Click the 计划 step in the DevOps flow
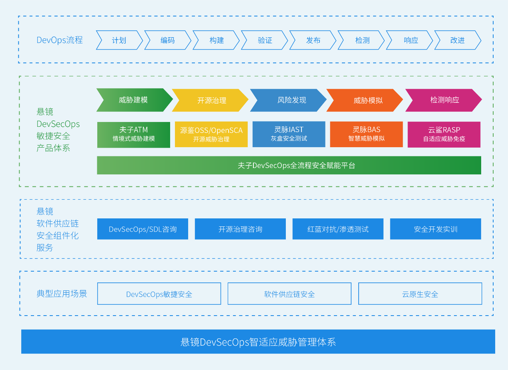(119, 40)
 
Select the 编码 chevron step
(167, 40)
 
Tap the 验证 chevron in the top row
(265, 40)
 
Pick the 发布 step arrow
(313, 40)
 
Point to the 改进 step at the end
(458, 40)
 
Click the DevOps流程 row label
(60, 40)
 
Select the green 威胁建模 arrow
(134, 100)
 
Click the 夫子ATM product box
(133, 135)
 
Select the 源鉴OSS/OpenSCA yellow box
(211, 135)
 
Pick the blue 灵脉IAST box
(289, 134)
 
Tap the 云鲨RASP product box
(444, 135)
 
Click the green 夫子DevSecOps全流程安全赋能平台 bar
(289, 165)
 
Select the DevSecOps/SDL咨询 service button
(143, 229)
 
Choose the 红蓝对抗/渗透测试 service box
(338, 229)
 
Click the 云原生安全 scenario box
(420, 294)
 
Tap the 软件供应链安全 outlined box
(289, 294)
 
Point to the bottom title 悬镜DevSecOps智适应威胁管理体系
(258, 342)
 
